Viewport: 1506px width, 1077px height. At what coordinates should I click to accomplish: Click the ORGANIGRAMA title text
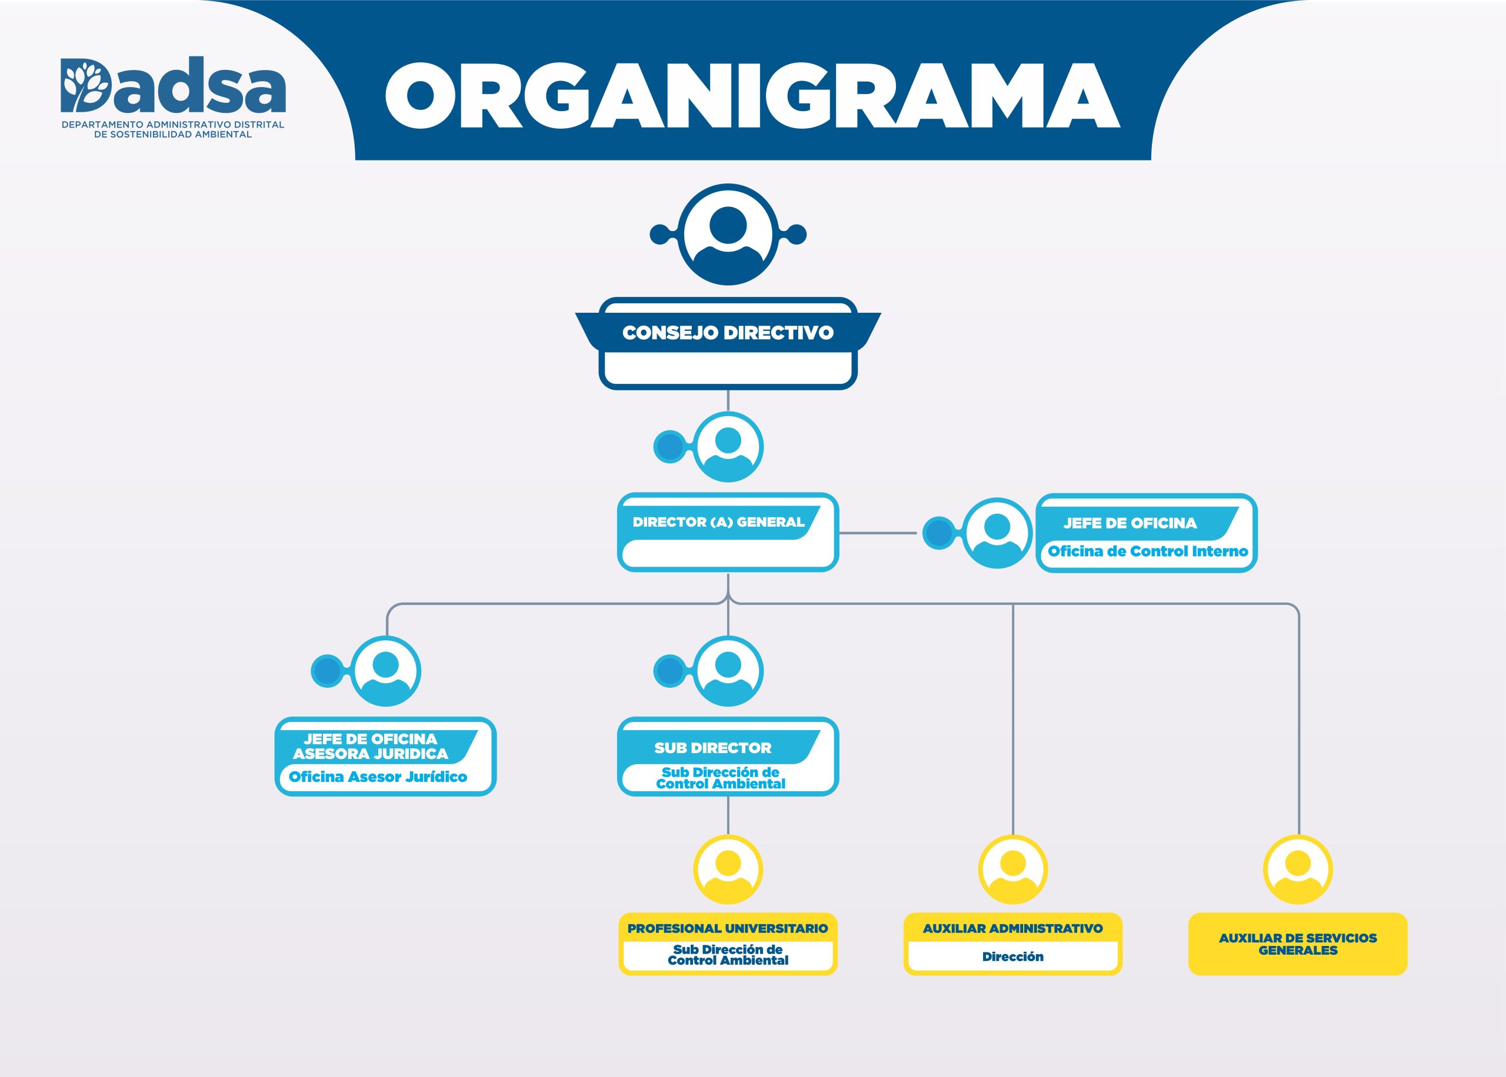click(x=752, y=96)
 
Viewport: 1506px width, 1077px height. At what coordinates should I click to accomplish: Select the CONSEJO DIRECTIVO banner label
click(x=728, y=332)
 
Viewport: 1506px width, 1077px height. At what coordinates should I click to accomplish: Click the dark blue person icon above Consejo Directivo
click(x=728, y=234)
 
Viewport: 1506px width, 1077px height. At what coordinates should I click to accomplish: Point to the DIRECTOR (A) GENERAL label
click(x=718, y=522)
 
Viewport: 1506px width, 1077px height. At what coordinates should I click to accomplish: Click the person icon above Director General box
click(x=728, y=446)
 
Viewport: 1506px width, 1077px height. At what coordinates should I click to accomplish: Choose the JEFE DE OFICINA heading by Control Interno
click(x=1130, y=523)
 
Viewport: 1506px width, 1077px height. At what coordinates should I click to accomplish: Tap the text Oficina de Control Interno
click(x=1148, y=551)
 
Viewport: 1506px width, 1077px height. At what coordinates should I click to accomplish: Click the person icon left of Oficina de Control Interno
click(x=997, y=533)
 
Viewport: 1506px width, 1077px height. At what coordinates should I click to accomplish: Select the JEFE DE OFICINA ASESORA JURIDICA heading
click(x=371, y=746)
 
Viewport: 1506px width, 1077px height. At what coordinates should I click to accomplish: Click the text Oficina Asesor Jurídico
click(x=378, y=777)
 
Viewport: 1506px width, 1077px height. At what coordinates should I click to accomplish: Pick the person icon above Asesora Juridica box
click(x=385, y=671)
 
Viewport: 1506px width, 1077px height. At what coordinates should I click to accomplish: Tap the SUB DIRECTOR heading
click(x=712, y=748)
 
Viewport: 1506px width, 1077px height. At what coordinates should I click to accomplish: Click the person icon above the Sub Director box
click(x=728, y=671)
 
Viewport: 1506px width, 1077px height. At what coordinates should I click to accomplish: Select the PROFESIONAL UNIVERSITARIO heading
click(x=728, y=928)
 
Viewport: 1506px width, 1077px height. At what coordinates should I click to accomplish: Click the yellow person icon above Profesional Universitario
click(x=728, y=869)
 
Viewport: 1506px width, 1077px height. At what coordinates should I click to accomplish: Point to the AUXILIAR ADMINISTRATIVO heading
click(x=1012, y=928)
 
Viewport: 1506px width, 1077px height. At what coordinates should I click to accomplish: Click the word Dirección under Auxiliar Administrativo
click(x=1012, y=956)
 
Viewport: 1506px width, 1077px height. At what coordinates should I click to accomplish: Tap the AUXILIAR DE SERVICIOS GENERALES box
click(x=1298, y=944)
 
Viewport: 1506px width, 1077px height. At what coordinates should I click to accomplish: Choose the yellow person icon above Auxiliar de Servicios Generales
click(x=1298, y=869)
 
